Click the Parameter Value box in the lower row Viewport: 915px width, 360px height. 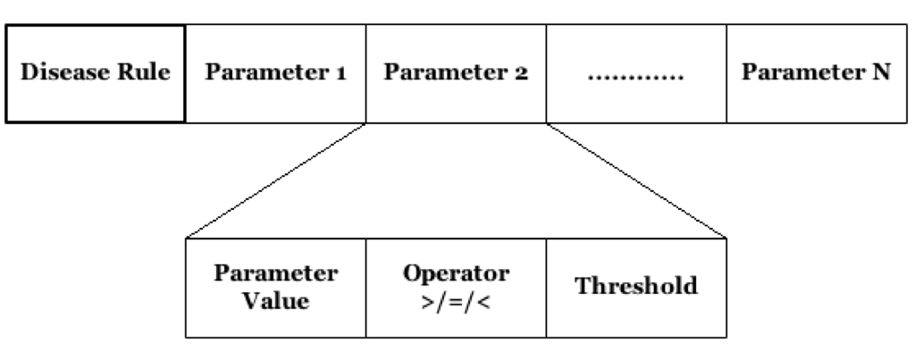(276, 288)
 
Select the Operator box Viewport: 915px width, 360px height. (456, 288)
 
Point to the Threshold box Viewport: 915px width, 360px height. (636, 288)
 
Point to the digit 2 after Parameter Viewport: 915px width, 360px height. (521, 73)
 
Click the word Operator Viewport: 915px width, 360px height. (457, 272)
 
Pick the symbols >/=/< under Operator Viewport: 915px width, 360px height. (456, 301)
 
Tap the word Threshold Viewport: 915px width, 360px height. (636, 288)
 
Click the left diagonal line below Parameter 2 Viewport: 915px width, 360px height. (277, 180)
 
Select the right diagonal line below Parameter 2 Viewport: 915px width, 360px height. (636, 180)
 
